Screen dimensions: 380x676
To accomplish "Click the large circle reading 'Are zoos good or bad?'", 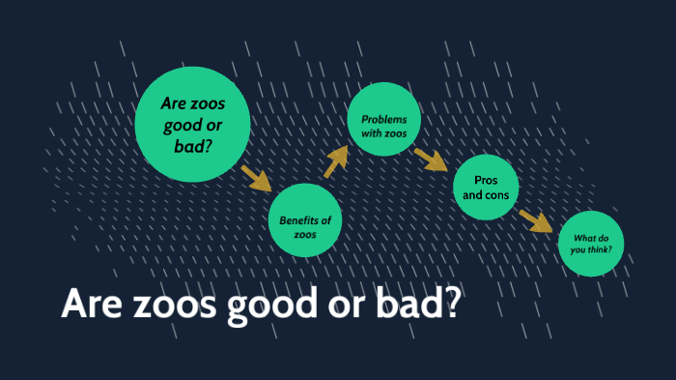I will click(192, 125).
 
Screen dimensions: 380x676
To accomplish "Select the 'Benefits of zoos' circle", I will click(305, 219).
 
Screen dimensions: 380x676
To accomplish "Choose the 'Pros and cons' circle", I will click(486, 188).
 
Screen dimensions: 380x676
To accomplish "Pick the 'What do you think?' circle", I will click(591, 244).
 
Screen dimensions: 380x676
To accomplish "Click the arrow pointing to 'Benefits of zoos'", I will click(256, 178).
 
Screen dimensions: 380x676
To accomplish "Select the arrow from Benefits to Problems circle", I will click(334, 162).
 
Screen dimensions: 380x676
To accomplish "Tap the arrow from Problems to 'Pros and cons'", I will click(430, 159).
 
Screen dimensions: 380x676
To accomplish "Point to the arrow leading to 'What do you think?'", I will click(535, 221).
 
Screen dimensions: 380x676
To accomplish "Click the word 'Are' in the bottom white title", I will click(88, 306).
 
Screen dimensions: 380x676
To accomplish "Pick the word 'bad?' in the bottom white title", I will click(424, 306).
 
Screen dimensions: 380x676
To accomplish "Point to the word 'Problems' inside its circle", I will click(383, 118).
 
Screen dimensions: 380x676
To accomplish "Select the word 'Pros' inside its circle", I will click(486, 181).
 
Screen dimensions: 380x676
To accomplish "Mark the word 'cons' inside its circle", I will click(497, 195).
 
